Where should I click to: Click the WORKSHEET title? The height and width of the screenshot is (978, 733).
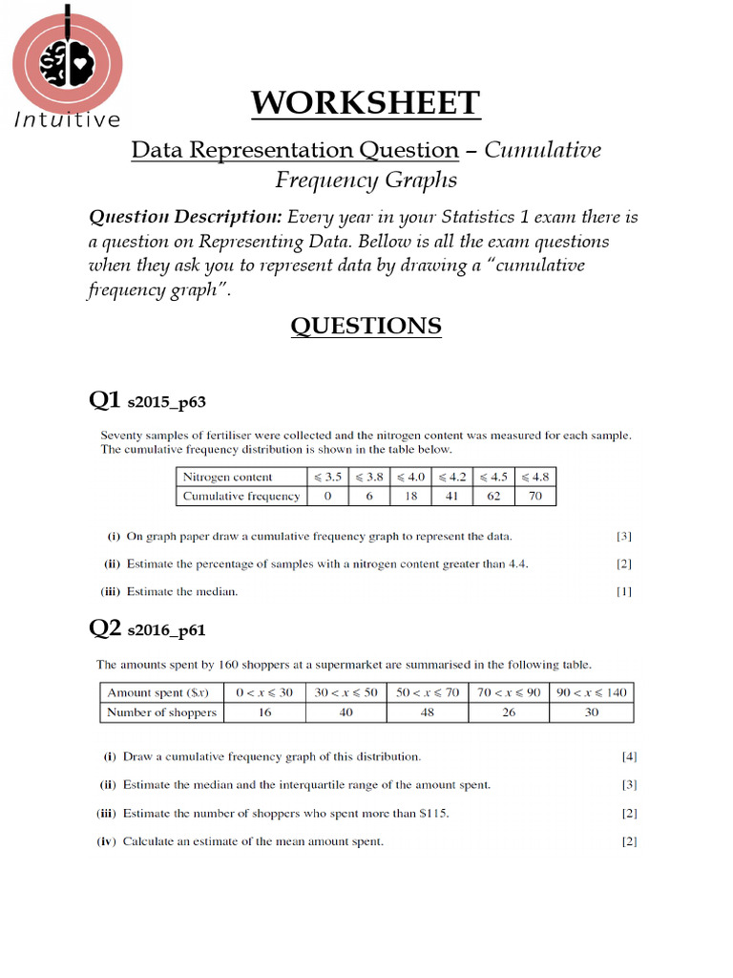tap(366, 103)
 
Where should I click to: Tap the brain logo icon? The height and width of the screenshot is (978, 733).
tap(66, 63)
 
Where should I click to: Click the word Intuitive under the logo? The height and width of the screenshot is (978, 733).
tap(67, 120)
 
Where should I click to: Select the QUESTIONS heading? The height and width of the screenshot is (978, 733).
tap(366, 327)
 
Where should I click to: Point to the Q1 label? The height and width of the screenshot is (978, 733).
tap(104, 400)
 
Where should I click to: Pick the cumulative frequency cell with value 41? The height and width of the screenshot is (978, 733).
tap(452, 496)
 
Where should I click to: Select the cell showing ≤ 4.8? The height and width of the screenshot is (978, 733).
tap(534, 477)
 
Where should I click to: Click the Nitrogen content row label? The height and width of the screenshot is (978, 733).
tap(227, 477)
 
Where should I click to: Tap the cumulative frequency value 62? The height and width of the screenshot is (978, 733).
tap(493, 496)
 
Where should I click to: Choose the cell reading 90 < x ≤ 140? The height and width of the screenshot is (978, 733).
tap(592, 692)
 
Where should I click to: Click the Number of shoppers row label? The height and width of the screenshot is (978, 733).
tap(161, 712)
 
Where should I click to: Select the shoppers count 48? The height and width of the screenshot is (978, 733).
tap(427, 712)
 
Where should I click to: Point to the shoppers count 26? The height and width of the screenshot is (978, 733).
tap(509, 712)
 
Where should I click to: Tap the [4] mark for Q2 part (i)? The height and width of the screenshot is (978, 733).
tap(629, 756)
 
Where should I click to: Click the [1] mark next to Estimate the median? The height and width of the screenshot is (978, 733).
tap(624, 591)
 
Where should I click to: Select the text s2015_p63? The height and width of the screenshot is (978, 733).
tap(167, 403)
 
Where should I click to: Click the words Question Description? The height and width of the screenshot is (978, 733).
tap(185, 217)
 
